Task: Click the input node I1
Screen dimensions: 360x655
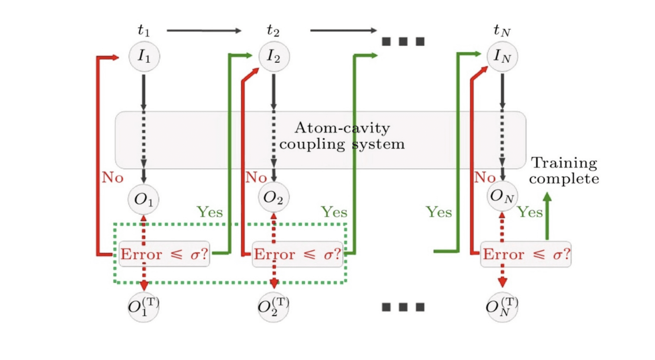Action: pyautogui.click(x=144, y=56)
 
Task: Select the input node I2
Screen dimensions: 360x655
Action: pyautogui.click(x=274, y=56)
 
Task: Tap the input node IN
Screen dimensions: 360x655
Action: pyautogui.click(x=502, y=56)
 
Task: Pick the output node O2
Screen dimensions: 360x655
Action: pyautogui.click(x=273, y=197)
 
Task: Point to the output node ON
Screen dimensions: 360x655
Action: pyautogui.click(x=502, y=196)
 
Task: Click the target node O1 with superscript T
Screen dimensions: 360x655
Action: pyautogui.click(x=143, y=307)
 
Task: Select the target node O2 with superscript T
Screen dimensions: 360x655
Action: pyautogui.click(x=273, y=307)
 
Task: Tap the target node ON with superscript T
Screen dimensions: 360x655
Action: pyautogui.click(x=502, y=307)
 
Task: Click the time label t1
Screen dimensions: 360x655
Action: pyautogui.click(x=143, y=30)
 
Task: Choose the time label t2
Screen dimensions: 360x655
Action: pyautogui.click(x=273, y=30)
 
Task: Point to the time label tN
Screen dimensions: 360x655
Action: pyautogui.click(x=502, y=30)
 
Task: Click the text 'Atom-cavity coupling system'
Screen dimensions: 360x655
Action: pyautogui.click(x=342, y=136)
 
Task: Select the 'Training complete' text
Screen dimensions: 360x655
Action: pyautogui.click(x=564, y=171)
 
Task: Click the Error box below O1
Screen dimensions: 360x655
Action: pyautogui.click(x=164, y=254)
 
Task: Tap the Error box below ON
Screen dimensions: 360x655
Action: pyautogui.click(x=526, y=254)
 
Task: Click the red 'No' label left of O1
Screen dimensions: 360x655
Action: pyautogui.click(x=112, y=178)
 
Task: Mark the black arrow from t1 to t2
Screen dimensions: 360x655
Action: pyautogui.click(x=204, y=31)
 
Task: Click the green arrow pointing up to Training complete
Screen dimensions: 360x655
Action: pyautogui.click(x=547, y=216)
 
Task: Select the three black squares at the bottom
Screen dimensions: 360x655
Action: pyautogui.click(x=403, y=307)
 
